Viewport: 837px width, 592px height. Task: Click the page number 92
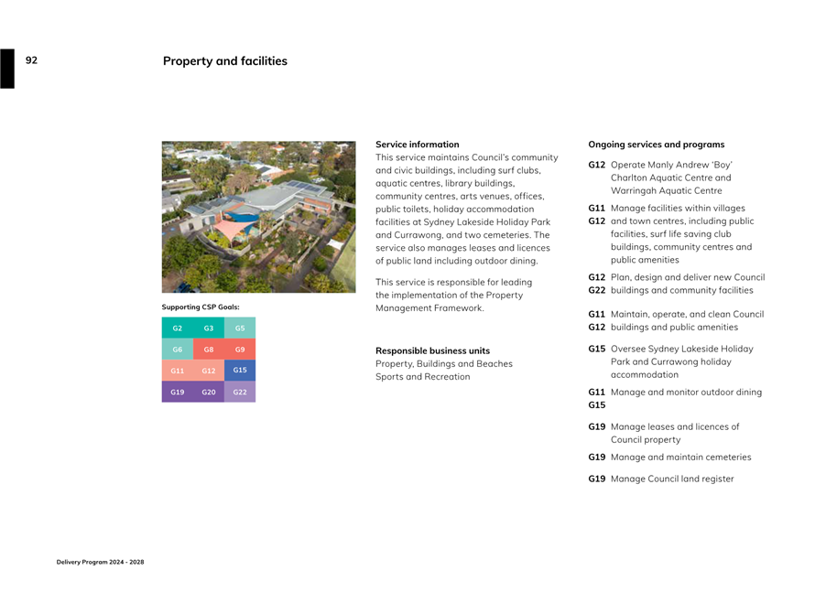(x=31, y=60)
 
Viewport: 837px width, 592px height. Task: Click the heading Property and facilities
(x=224, y=61)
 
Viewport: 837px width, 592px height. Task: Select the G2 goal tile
(x=178, y=328)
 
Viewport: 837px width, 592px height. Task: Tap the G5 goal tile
(x=240, y=328)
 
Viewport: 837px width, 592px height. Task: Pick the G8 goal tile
(x=209, y=349)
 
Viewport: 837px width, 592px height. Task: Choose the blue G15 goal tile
(x=240, y=371)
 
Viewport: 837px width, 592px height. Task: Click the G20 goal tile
(x=209, y=392)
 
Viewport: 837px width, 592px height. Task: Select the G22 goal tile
(x=240, y=392)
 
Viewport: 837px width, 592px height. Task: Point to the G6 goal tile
(x=178, y=349)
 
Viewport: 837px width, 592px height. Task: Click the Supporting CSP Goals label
(x=201, y=307)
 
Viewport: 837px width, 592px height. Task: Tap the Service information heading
(x=418, y=145)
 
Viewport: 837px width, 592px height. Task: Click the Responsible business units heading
(x=432, y=350)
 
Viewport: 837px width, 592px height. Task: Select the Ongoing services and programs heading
(x=656, y=145)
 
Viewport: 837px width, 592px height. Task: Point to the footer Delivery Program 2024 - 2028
(x=100, y=562)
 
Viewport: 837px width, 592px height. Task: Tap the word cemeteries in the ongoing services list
(x=724, y=457)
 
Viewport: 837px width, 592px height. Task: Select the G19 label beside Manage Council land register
(x=596, y=479)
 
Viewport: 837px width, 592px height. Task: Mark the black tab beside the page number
(x=7, y=69)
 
